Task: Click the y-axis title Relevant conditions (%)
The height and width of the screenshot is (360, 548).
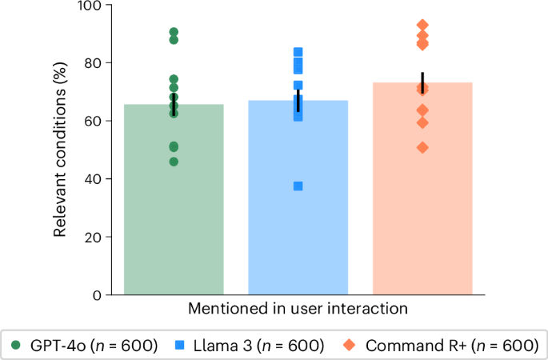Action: (61, 150)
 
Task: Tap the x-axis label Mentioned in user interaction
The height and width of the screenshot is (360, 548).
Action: (298, 308)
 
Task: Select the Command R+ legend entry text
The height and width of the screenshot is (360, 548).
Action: (449, 346)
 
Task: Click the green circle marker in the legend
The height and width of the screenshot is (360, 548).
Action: (16, 346)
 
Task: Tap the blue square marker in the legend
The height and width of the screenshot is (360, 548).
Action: (180, 346)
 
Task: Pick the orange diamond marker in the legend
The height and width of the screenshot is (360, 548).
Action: (349, 346)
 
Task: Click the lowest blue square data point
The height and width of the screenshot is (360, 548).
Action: (298, 186)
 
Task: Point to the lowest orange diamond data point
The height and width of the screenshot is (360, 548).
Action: (422, 147)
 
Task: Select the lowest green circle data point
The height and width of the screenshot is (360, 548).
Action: (174, 162)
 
